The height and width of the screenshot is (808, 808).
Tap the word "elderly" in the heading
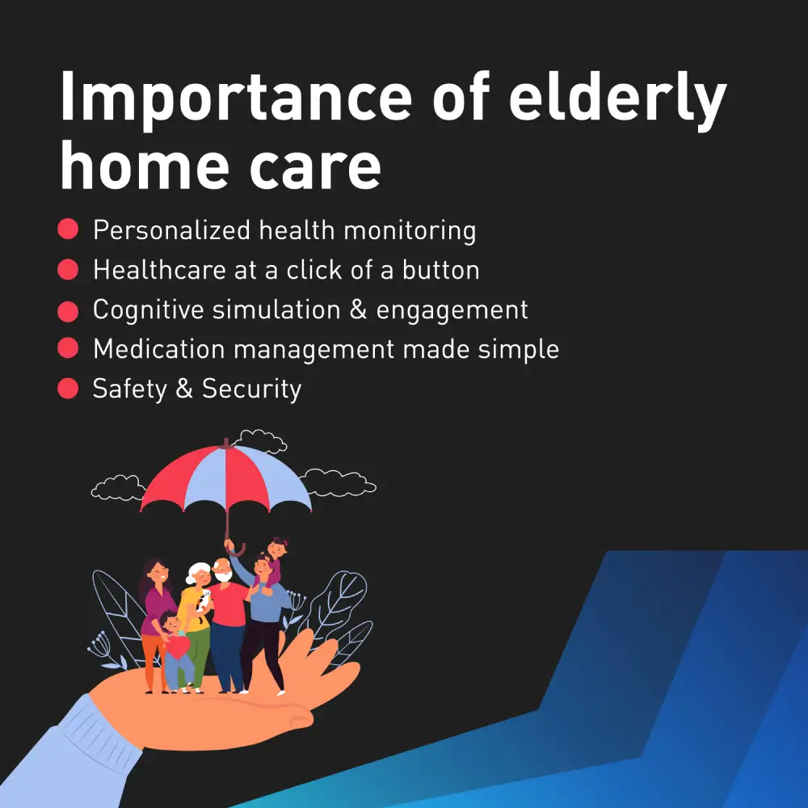click(x=617, y=99)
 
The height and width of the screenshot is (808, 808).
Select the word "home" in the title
click(x=145, y=165)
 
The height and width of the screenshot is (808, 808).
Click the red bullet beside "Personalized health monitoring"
click(x=68, y=229)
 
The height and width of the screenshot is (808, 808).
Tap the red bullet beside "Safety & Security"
click(x=68, y=388)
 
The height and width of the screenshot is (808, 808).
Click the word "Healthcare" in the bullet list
click(x=160, y=270)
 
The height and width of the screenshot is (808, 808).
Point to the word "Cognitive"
click(x=149, y=310)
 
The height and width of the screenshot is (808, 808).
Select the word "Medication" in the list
click(x=159, y=349)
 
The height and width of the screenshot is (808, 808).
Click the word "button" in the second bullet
click(x=440, y=270)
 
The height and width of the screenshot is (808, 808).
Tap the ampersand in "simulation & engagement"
click(x=358, y=309)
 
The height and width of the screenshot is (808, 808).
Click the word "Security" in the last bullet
click(x=251, y=389)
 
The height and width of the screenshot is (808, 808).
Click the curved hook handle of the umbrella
click(x=234, y=549)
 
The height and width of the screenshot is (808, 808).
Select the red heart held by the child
click(x=179, y=647)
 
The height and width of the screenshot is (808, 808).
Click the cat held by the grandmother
click(x=203, y=604)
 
